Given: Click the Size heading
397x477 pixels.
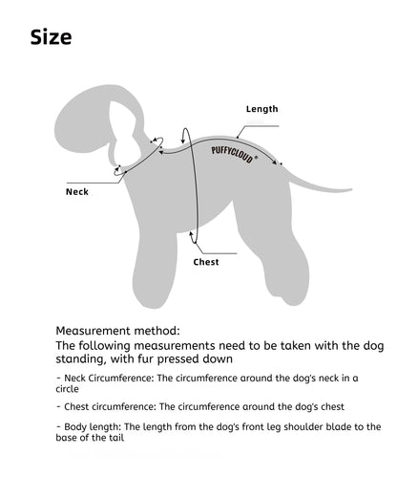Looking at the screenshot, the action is [x=51, y=37].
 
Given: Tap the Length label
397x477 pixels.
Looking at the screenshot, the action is [x=262, y=109].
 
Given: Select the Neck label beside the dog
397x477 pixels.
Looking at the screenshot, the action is [x=77, y=192].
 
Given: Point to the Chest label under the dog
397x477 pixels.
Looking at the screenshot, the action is [x=206, y=262].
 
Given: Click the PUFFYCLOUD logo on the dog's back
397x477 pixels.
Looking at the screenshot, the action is [x=234, y=155].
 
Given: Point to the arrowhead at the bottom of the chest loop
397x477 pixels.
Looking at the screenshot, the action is [x=191, y=234].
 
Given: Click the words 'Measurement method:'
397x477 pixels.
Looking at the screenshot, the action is [x=117, y=331].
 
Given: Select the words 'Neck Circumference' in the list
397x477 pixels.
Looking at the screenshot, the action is [x=109, y=379].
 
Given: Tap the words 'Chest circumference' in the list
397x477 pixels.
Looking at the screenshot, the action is [x=110, y=407].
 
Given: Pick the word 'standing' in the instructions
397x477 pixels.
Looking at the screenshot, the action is [x=81, y=359].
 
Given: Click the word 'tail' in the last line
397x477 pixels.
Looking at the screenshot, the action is [x=116, y=438].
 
